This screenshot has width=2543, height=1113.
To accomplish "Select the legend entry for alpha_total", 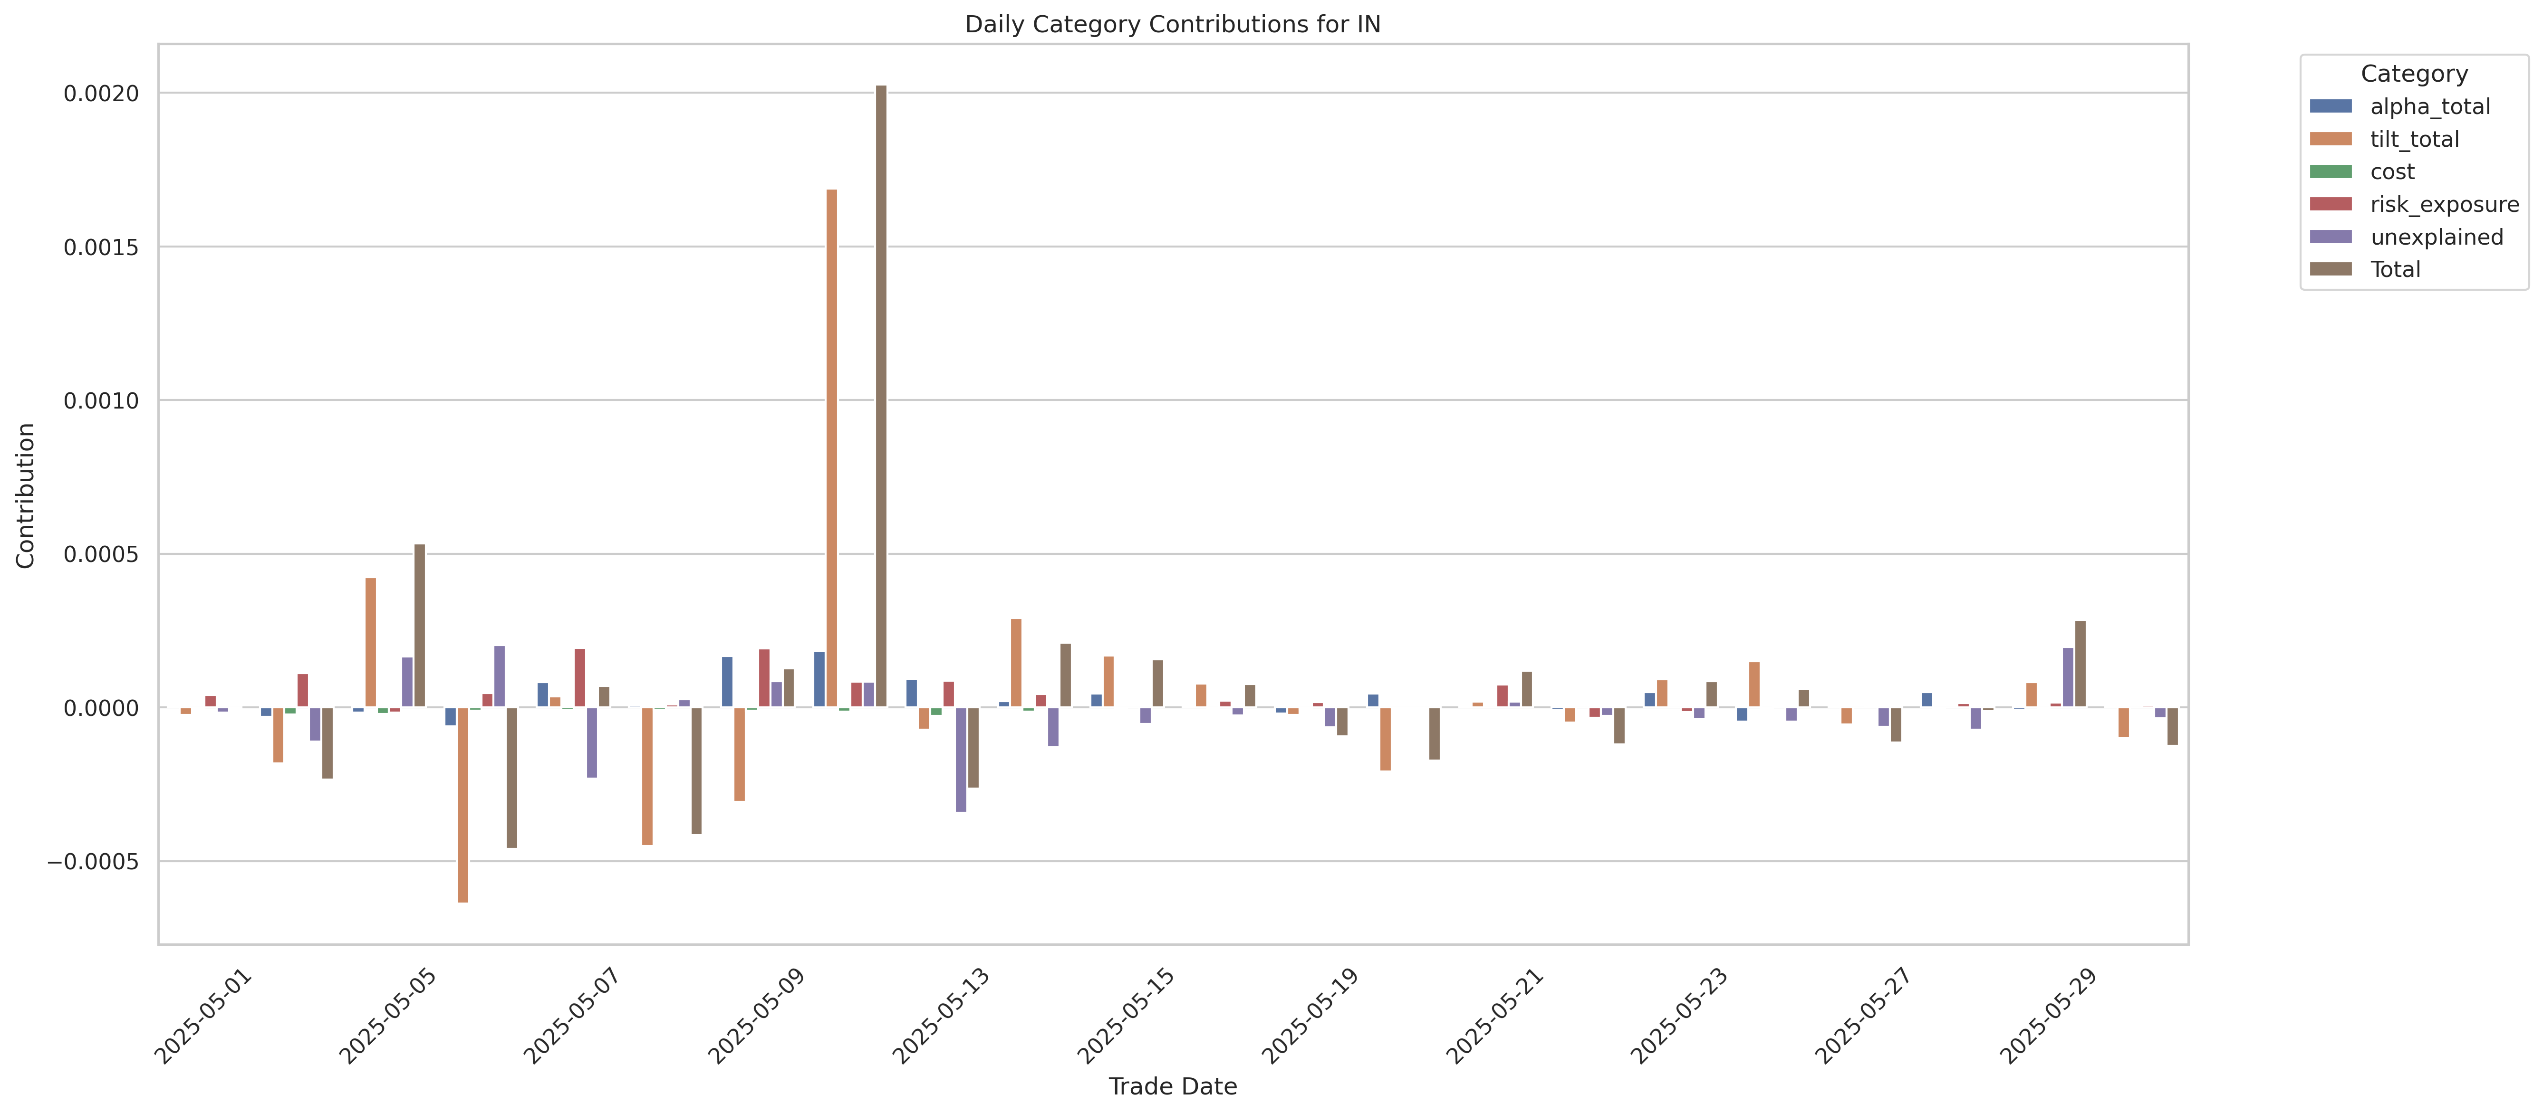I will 2429,106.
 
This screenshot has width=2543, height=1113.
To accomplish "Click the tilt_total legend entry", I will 2414,139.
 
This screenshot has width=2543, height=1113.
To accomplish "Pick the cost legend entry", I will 2392,171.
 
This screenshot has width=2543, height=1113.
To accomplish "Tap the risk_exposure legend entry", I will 2443,204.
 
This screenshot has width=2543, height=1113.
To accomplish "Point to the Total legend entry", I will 2395,269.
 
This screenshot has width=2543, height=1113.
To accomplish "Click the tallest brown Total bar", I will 881,395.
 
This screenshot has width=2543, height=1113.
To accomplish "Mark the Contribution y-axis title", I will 26,495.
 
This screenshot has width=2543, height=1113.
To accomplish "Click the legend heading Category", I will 2414,74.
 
